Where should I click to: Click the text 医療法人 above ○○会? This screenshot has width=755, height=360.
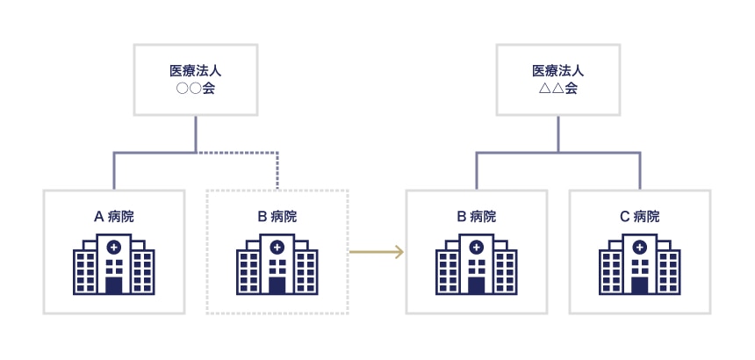point(196,69)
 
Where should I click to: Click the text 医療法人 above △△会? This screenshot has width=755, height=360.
point(558,69)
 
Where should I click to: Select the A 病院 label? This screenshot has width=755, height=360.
point(114,216)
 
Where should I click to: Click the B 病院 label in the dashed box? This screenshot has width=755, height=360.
point(277,216)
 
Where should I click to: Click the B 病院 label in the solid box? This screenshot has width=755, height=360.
point(477,216)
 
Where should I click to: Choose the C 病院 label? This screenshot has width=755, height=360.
point(640,216)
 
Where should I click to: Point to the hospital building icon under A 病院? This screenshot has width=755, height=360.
point(114,264)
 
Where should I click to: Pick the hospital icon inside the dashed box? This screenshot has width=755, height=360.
point(277,264)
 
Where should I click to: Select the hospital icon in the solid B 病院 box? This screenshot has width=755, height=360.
point(477,264)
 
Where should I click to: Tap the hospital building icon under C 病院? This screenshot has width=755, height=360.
point(640,264)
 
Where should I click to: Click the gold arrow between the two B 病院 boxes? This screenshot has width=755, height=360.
point(377,253)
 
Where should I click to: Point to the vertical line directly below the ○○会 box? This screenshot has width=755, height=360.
point(196,133)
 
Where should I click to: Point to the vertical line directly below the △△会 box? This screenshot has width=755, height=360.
point(558,133)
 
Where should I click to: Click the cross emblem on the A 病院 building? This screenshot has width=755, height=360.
point(114,248)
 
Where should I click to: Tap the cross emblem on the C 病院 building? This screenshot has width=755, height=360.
point(640,248)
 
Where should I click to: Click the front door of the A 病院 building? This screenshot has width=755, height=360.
point(114,285)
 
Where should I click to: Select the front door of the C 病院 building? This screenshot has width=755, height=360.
point(640,285)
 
